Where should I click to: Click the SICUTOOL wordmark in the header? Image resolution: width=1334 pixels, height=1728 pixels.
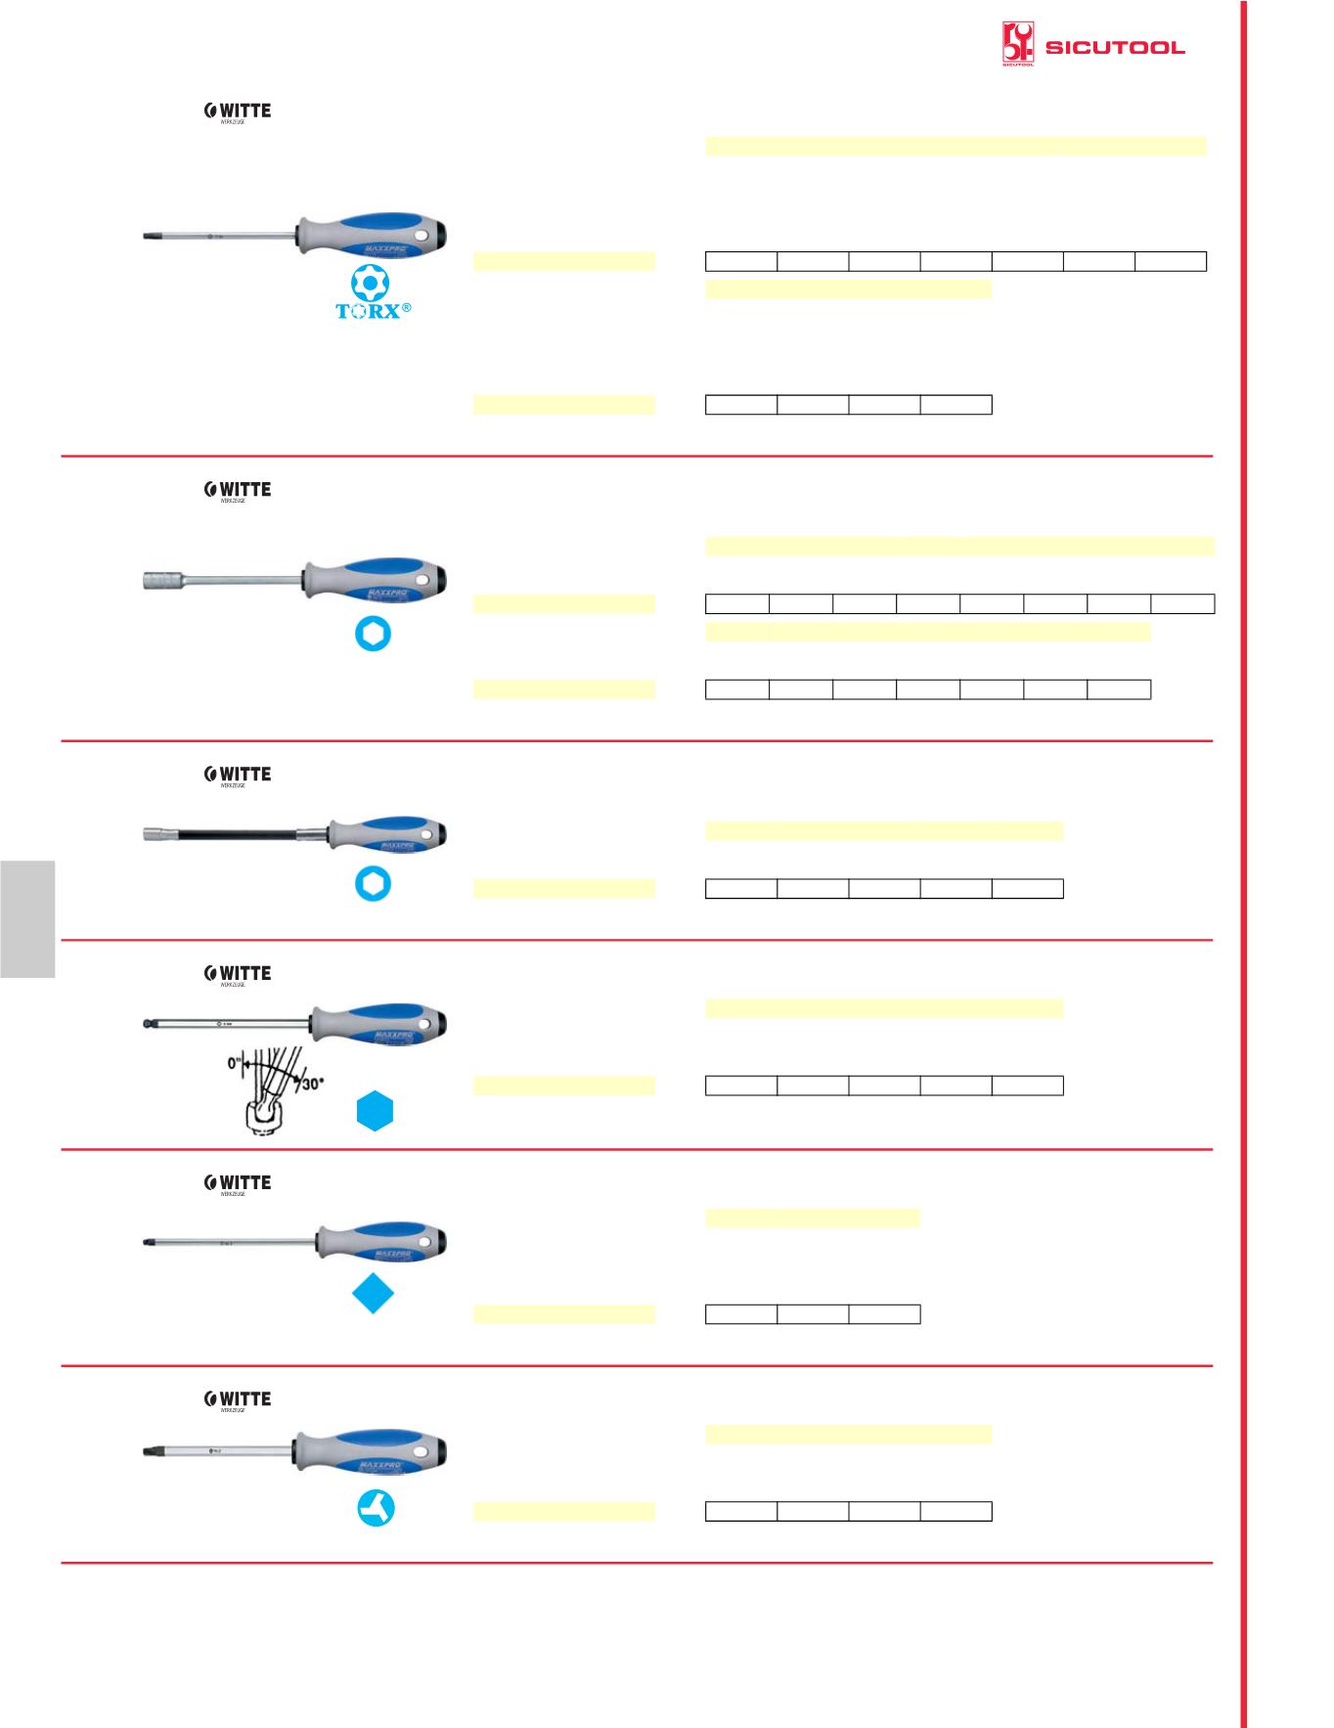pyautogui.click(x=1115, y=48)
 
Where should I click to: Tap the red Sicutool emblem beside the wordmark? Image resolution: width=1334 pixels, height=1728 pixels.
pyautogui.click(x=1018, y=45)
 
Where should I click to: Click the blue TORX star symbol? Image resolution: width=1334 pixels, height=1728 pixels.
pyautogui.click(x=371, y=283)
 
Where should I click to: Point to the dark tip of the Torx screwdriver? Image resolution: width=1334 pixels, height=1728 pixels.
pyautogui.click(x=150, y=236)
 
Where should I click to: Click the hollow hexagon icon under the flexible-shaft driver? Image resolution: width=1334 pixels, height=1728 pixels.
pyautogui.click(x=373, y=884)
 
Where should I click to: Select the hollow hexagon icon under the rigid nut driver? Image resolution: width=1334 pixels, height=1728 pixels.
pyautogui.click(x=373, y=635)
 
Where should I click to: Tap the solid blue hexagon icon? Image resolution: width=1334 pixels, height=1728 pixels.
pyautogui.click(x=374, y=1113)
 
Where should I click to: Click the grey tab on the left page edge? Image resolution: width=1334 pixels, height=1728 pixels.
pyautogui.click(x=27, y=919)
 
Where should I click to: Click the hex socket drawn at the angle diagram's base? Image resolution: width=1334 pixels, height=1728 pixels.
pyautogui.click(x=262, y=1116)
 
